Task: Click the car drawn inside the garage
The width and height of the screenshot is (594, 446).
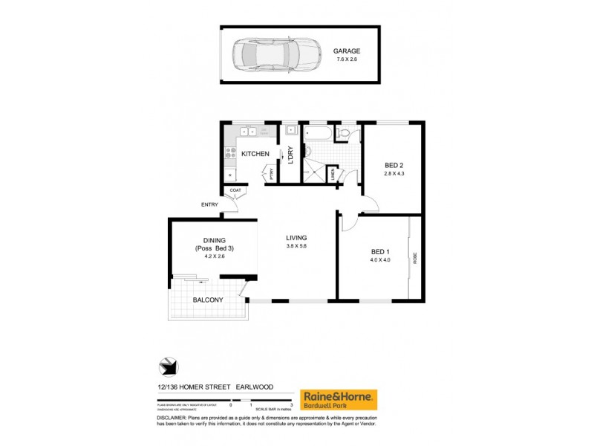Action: pos(267,54)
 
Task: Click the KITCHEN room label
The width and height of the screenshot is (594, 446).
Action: pos(255,154)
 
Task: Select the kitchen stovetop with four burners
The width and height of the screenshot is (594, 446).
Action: pos(229,155)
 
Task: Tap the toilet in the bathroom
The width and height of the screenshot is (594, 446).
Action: pos(344,133)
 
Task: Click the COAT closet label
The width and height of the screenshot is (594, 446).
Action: pos(235,191)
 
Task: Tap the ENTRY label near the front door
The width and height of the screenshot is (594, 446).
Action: pos(209,205)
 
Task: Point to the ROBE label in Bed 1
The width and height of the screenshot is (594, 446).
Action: pos(415,258)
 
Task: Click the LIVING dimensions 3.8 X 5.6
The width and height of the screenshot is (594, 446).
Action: pos(296,247)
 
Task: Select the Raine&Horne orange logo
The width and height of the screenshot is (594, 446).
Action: pos(339,399)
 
